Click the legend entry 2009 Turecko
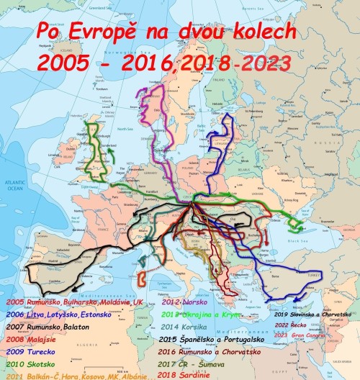28,350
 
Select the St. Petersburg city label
270,101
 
